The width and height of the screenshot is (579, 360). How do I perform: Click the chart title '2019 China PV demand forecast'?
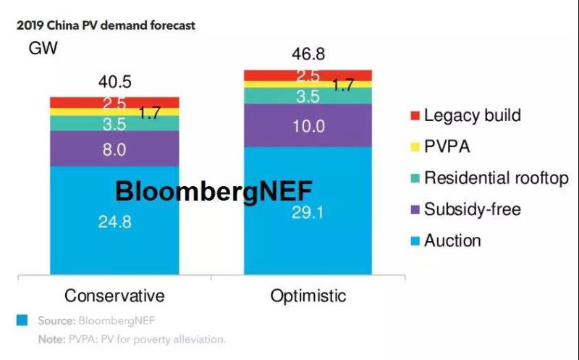pos(108,26)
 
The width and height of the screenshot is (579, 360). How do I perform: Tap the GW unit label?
pos(43,49)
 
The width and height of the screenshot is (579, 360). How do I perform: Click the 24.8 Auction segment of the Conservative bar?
pos(114,221)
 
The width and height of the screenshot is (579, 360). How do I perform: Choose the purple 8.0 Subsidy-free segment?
pos(114,149)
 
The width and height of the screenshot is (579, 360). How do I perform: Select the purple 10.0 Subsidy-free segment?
pos(308,125)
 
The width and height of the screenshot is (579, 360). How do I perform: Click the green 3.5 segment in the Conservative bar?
pos(114,124)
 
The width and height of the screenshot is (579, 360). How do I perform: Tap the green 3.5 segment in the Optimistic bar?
pos(308,96)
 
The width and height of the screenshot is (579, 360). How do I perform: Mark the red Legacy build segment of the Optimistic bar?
pos(308,75)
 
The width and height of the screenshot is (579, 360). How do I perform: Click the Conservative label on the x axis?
pos(114,296)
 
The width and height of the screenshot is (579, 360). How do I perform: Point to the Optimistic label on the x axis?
pos(308,296)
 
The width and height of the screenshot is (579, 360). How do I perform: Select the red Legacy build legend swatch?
pos(415,116)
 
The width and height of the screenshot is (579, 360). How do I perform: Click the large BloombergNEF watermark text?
pos(214,191)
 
